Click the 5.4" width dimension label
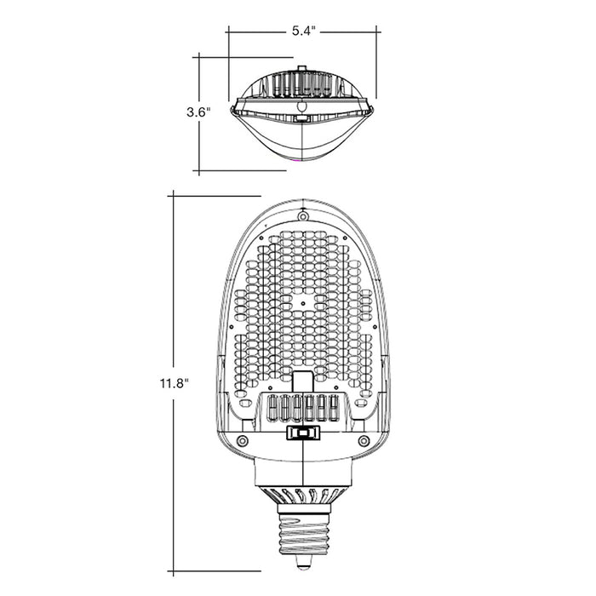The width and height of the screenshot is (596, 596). pyautogui.click(x=303, y=31)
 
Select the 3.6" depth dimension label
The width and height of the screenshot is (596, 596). pyautogui.click(x=198, y=112)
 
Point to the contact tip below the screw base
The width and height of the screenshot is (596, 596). pyautogui.click(x=304, y=562)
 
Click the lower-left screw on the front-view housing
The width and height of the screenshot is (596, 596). pyautogui.click(x=243, y=441)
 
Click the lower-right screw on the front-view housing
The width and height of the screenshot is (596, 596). pyautogui.click(x=364, y=441)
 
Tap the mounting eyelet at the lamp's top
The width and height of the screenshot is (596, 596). pyautogui.click(x=303, y=216)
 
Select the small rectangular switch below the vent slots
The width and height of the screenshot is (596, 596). pyautogui.click(x=303, y=433)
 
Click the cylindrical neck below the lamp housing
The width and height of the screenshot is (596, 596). pyautogui.click(x=304, y=472)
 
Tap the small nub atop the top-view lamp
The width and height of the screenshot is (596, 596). pyautogui.click(x=300, y=67)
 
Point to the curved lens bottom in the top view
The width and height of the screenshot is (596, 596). pyautogui.click(x=302, y=149)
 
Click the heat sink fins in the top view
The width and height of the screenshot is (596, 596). pyautogui.click(x=302, y=84)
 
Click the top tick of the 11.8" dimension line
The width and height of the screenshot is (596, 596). pyautogui.click(x=173, y=196)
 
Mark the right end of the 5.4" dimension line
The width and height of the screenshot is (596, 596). pyautogui.click(x=377, y=32)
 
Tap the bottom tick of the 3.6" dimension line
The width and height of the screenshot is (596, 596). pyautogui.click(x=198, y=171)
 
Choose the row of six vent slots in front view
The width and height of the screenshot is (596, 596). pyautogui.click(x=304, y=408)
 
